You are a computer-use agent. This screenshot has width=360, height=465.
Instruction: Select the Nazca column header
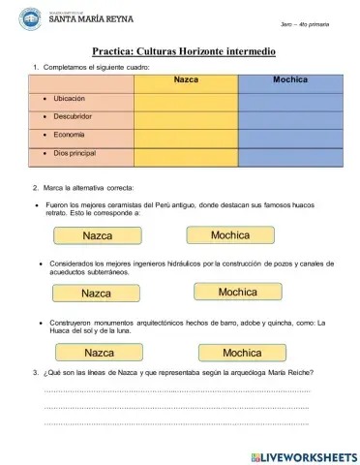coord(186,81)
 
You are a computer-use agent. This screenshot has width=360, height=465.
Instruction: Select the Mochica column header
coord(289,81)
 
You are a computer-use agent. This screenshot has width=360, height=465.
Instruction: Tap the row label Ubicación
coord(70,100)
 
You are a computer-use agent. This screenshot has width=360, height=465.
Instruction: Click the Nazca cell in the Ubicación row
coord(186,100)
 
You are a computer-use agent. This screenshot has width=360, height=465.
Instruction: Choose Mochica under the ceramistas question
coord(231,235)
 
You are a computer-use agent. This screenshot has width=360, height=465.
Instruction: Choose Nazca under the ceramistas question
coord(98,236)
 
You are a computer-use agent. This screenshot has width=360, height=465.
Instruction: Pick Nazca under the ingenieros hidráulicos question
coord(97,293)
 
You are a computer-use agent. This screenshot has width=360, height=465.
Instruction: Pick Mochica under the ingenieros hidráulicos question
coord(238,292)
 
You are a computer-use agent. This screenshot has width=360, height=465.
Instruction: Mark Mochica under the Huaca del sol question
coord(242,353)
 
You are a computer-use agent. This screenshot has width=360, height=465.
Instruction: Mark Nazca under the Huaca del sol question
coord(100,353)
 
